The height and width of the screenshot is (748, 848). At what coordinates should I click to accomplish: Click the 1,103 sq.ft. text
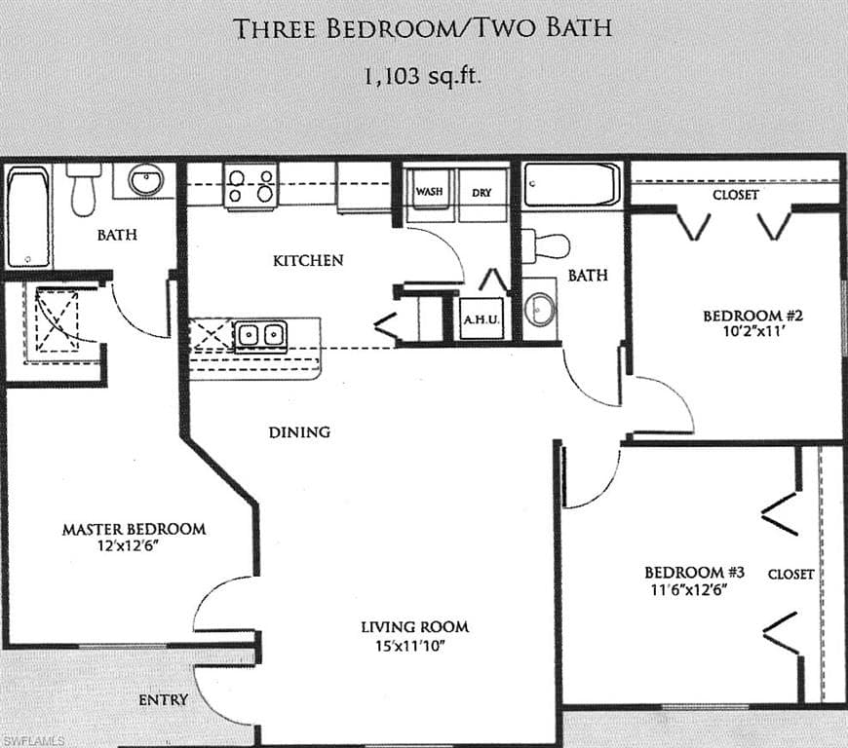point(423,77)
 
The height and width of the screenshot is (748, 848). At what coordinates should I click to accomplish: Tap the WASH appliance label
point(429,192)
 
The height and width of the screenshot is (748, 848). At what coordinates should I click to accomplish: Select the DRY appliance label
point(482,193)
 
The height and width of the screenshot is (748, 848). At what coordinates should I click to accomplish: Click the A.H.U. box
point(482,318)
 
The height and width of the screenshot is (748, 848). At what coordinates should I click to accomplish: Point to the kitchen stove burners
point(251,185)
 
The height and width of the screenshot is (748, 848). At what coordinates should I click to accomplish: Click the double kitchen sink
point(260,335)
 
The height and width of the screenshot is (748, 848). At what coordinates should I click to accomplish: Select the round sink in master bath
point(146,181)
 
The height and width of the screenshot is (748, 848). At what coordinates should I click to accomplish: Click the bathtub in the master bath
point(28,217)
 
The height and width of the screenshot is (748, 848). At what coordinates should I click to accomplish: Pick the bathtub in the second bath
point(571,184)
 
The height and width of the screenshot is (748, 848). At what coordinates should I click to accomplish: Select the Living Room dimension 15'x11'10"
point(414,645)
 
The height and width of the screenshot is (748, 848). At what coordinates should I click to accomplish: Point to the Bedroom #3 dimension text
point(688,589)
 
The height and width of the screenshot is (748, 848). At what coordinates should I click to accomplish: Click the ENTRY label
point(163,699)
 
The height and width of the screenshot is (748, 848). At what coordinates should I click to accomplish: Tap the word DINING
point(299,431)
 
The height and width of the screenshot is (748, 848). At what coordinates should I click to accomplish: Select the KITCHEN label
point(308,260)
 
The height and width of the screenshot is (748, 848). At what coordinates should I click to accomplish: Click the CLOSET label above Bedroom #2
point(735,195)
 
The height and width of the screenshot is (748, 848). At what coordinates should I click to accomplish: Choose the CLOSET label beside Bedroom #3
point(790,574)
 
